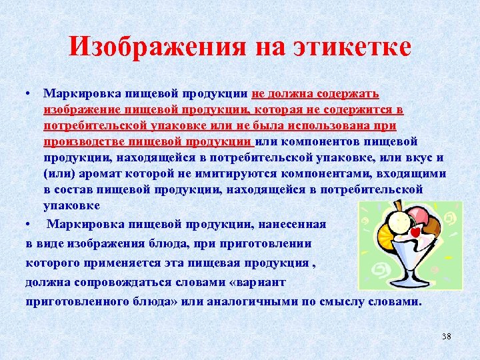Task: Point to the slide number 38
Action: (446, 336)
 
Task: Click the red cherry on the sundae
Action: (415, 233)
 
